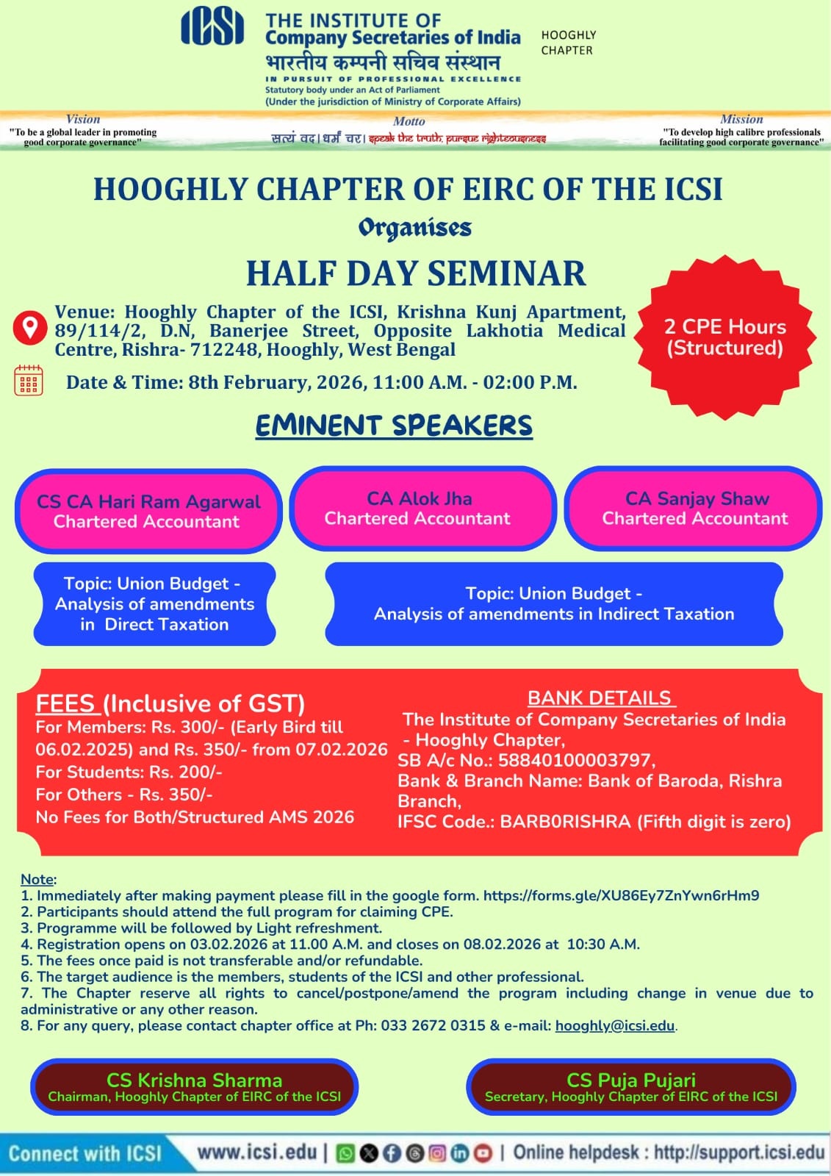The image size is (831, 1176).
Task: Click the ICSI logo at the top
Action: (x=212, y=27)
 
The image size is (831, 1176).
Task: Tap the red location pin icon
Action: (x=30, y=327)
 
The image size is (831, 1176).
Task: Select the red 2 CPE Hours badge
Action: (x=725, y=337)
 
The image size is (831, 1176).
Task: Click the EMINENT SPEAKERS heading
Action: (x=394, y=426)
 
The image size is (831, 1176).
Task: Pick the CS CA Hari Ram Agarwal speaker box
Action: (x=148, y=511)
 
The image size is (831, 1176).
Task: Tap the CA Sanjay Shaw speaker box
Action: (x=695, y=508)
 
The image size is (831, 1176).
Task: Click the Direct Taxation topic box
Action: (x=154, y=603)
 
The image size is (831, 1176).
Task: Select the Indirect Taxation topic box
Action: (x=554, y=603)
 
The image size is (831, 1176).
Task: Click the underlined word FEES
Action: (x=65, y=703)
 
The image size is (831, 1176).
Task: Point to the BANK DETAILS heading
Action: (x=600, y=698)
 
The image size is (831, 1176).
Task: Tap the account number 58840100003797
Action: (x=575, y=760)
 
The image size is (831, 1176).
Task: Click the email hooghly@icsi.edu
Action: (x=614, y=1025)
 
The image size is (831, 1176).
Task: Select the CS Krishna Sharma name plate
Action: (x=194, y=1087)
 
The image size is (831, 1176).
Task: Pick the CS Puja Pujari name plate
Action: (x=630, y=1087)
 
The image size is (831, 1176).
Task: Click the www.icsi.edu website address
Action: (x=257, y=1152)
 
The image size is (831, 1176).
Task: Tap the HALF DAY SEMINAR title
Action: (x=416, y=273)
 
